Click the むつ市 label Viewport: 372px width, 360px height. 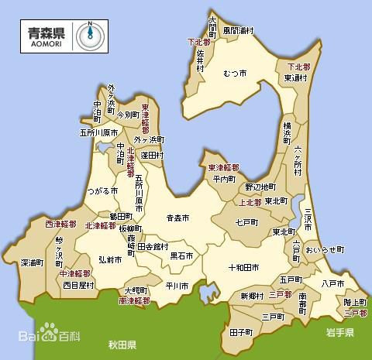tap(235, 73)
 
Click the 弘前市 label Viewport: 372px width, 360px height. tap(109, 260)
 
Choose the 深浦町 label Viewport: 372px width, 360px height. tap(32, 262)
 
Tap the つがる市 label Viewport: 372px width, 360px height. tap(102, 190)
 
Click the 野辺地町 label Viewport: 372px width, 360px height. tap(260, 187)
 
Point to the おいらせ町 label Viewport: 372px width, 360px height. tap(324, 249)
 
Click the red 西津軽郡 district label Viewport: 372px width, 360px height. tap(60, 224)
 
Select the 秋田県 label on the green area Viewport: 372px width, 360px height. tap(122, 343)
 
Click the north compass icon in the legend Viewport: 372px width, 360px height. tap(90, 35)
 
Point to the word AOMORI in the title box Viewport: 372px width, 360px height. tap(48, 42)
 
